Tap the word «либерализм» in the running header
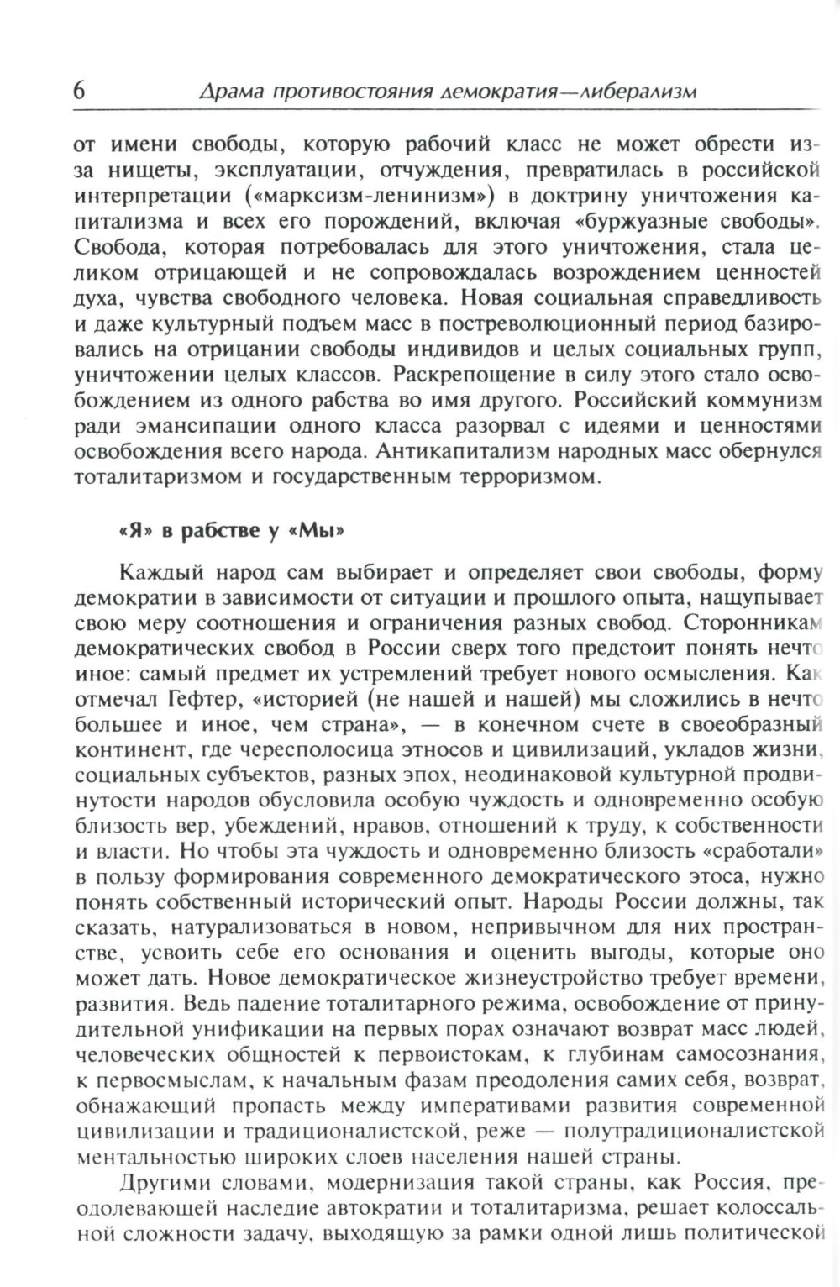(x=637, y=91)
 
